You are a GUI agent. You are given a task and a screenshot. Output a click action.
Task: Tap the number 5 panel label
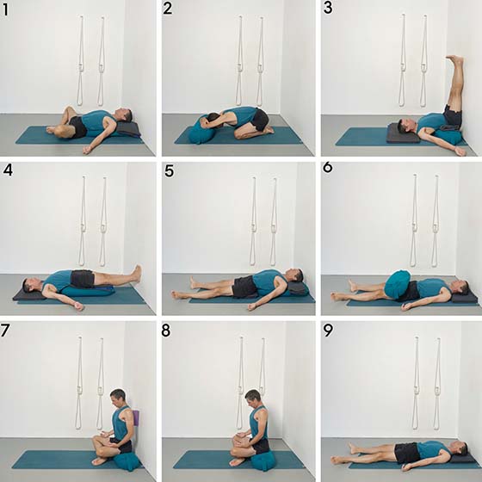170,170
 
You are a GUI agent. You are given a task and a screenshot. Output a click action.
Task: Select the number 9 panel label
328,331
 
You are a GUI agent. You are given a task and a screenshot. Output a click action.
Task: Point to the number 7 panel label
5,331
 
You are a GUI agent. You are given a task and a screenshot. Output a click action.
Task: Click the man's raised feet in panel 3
455,59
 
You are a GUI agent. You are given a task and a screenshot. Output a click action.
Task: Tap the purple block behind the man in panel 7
136,417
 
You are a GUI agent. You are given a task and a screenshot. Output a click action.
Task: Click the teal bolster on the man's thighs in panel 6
397,284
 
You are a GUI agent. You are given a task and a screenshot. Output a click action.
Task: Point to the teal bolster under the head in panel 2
198,131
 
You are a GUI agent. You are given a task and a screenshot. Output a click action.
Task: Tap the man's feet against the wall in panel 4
138,274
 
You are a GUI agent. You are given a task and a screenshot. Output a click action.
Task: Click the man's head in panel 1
126,115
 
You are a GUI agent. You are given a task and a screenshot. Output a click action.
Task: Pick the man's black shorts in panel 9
406,453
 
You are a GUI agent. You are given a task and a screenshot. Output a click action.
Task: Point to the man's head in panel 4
29,285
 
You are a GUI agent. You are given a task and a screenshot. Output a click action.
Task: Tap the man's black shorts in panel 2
260,120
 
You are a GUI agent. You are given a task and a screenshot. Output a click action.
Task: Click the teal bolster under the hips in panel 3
448,135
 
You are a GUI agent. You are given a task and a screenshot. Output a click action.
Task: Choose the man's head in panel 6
461,287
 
